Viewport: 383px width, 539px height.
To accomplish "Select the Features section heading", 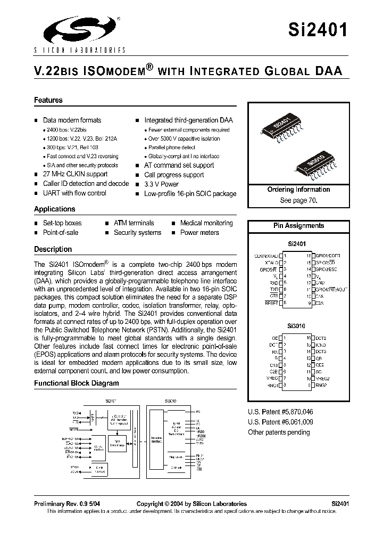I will point(48,100).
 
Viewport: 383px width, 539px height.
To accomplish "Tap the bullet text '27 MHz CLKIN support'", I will point(75,174).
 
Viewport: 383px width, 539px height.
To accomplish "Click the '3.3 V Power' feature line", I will point(161,184).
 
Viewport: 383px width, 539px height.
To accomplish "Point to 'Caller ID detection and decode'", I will point(86,184).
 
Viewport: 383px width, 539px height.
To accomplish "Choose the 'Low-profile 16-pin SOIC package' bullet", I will point(190,194).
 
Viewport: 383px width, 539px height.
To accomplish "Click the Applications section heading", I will point(55,209).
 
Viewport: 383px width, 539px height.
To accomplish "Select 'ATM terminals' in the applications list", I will point(134,223).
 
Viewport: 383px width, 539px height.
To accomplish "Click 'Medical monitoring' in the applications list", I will point(206,223).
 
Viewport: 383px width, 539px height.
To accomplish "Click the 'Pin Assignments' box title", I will point(298,226).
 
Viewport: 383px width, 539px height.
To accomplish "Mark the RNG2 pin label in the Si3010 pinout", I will point(321,385).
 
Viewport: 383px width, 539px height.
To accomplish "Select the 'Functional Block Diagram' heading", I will point(77,383).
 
